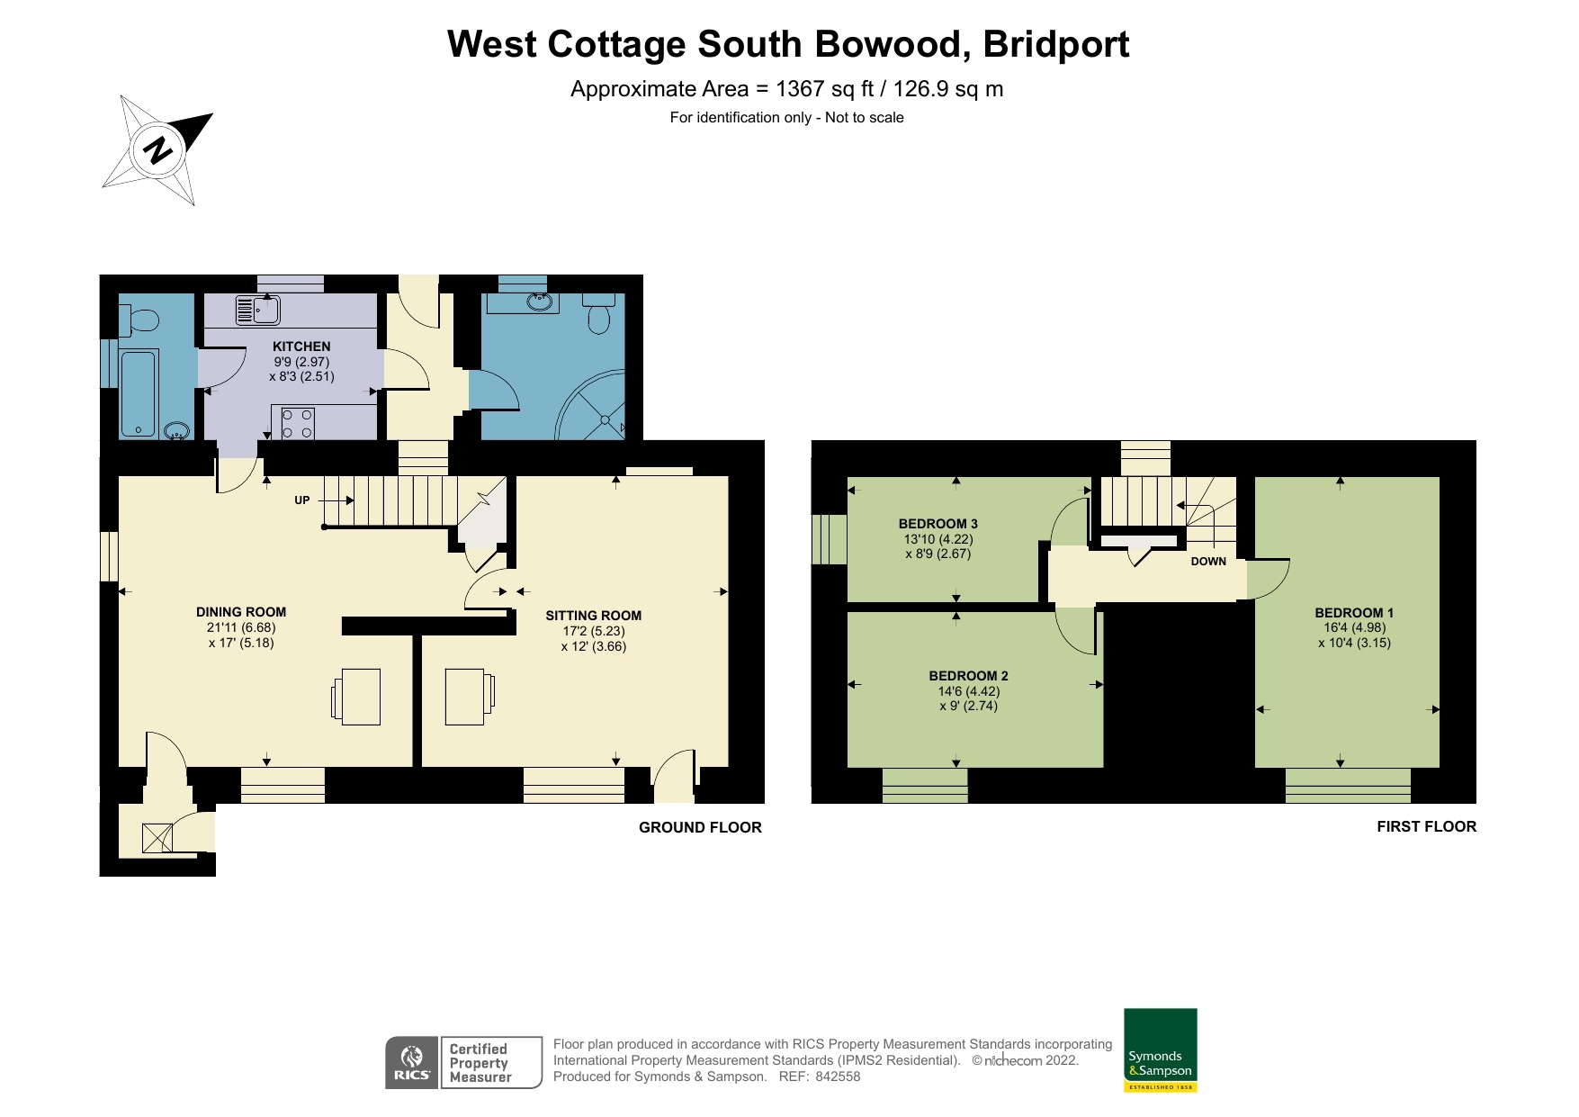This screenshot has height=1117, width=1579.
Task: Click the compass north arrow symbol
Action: tap(158, 149)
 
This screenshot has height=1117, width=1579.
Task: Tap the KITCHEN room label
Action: tap(301, 347)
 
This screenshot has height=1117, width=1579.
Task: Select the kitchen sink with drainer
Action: tap(258, 310)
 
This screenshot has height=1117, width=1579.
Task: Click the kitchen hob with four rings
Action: tap(298, 424)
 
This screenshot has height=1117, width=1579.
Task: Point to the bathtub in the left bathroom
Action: tap(139, 393)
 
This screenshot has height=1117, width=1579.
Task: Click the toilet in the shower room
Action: tap(598, 311)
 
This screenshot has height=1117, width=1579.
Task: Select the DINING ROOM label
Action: tap(241, 612)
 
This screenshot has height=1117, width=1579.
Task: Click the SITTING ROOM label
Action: tap(594, 616)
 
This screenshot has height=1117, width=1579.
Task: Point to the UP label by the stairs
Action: tap(302, 500)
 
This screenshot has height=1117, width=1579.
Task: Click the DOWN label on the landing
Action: tap(1208, 562)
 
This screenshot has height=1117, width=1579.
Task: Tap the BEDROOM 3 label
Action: tap(938, 524)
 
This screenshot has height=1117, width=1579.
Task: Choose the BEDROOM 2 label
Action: tap(969, 676)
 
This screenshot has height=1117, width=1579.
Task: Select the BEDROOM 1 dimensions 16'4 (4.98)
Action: tap(1355, 628)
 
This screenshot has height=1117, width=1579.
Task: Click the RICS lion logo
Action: tap(412, 1063)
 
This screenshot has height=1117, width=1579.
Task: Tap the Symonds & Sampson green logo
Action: tap(1161, 1050)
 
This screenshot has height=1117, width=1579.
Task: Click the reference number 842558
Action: tap(838, 1076)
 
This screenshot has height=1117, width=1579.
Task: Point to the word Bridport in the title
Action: tap(1056, 44)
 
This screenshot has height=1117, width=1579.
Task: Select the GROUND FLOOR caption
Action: tap(700, 827)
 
